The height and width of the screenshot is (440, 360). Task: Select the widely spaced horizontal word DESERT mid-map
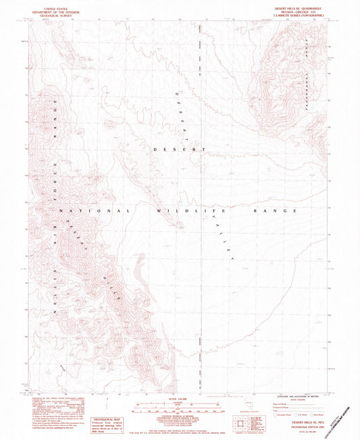pyautogui.click(x=179, y=148)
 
